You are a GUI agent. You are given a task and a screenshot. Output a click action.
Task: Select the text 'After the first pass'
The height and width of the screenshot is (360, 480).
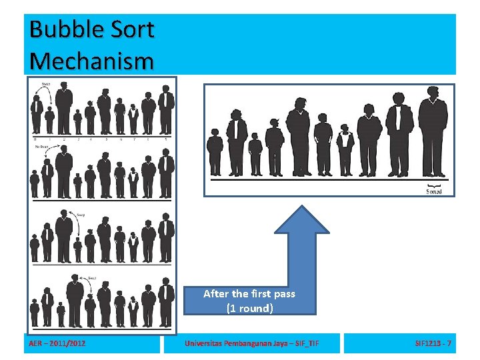click(x=249, y=293)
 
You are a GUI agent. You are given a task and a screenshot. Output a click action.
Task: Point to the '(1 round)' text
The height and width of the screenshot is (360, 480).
click(x=249, y=308)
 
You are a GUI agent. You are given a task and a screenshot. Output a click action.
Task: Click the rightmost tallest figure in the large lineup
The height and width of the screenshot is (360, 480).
click(x=433, y=137)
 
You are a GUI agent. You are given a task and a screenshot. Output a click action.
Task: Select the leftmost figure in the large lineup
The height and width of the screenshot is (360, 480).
click(x=215, y=152)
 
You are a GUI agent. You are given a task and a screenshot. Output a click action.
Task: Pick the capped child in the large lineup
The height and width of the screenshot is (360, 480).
click(x=345, y=150)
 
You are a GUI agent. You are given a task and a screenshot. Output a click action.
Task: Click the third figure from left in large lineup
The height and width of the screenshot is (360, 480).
click(x=255, y=154)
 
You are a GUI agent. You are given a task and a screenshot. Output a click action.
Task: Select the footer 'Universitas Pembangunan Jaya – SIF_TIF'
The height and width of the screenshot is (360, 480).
click(x=251, y=343)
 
